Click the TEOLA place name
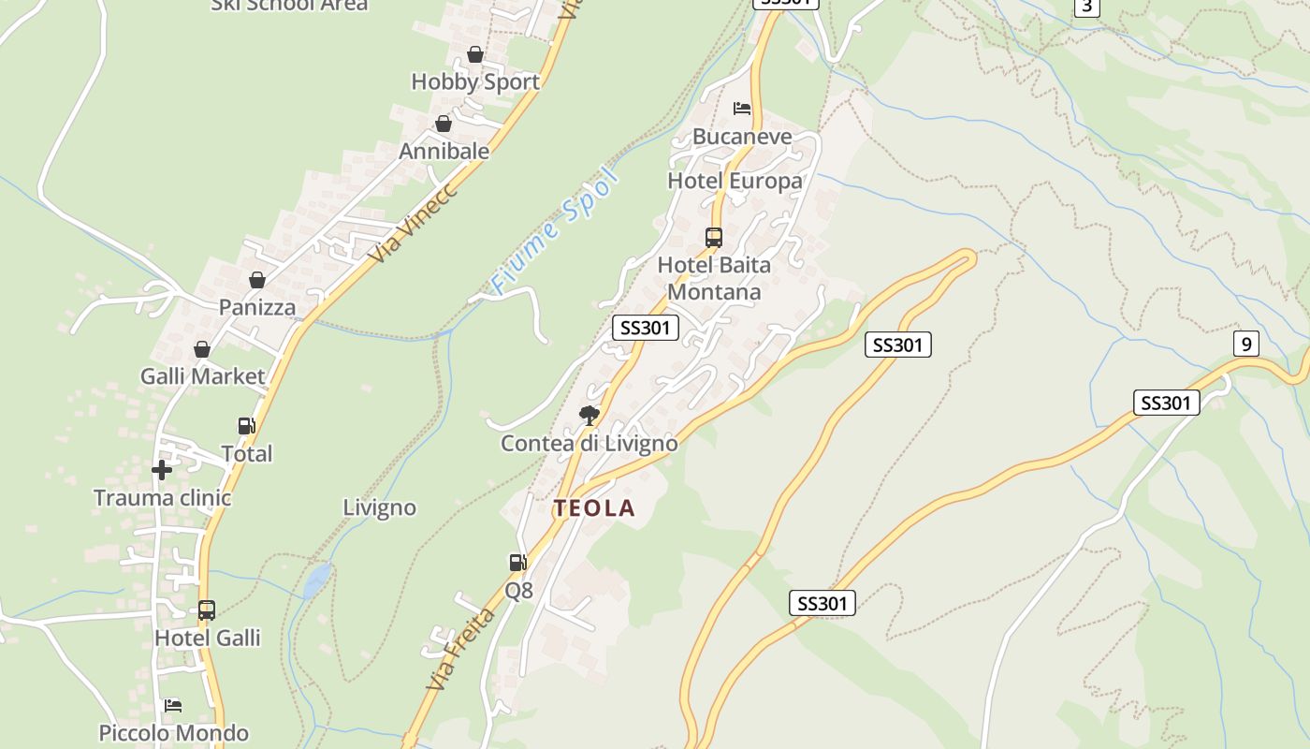[x=594, y=508]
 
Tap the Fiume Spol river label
[x=556, y=231]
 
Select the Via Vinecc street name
[x=412, y=222]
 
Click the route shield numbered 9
[x=1245, y=344]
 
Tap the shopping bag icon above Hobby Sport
[x=475, y=54]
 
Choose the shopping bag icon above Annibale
[x=444, y=124]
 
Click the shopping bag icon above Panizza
[x=257, y=280]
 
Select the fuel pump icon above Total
[x=246, y=426]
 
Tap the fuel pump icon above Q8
[x=517, y=563]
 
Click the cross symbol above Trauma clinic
[x=162, y=470]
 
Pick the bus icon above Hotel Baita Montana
[x=714, y=238]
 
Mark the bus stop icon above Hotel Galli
[x=207, y=610]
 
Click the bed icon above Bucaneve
[x=742, y=109]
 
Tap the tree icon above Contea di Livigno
[x=589, y=415]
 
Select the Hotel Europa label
[x=735, y=181]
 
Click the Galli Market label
[x=203, y=376]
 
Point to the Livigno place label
[x=379, y=508]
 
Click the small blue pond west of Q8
[x=316, y=580]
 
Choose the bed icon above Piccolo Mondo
[x=173, y=705]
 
